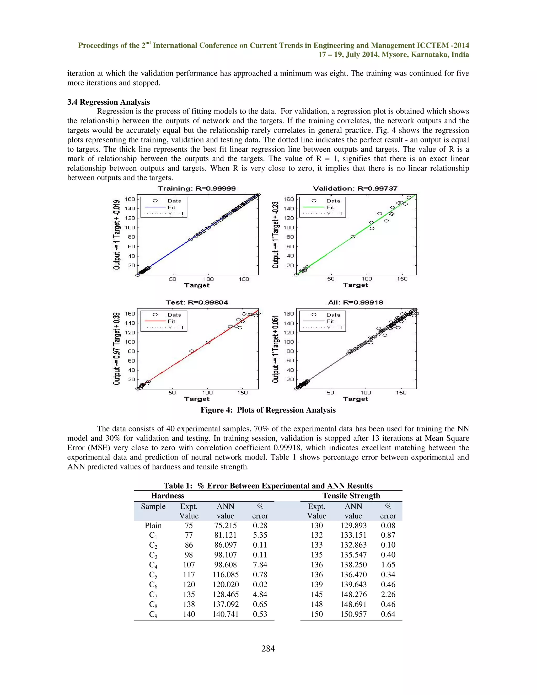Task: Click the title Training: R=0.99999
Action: tap(197, 188)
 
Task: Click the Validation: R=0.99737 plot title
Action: tap(355, 188)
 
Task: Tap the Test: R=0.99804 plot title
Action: tap(197, 302)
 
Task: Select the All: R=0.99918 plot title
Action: tap(355, 302)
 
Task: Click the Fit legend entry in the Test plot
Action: tap(171, 321)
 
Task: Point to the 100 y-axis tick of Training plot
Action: tap(130, 228)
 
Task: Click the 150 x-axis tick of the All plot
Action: tap(401, 393)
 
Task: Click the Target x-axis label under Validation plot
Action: tap(355, 285)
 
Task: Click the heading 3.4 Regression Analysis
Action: tap(109, 102)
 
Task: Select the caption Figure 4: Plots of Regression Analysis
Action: tap(268, 410)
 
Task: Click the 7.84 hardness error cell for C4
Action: tap(260, 565)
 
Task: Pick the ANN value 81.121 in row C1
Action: tap(225, 535)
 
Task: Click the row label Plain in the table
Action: tap(153, 525)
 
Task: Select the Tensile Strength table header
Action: tap(351, 496)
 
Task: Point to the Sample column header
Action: tap(153, 506)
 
